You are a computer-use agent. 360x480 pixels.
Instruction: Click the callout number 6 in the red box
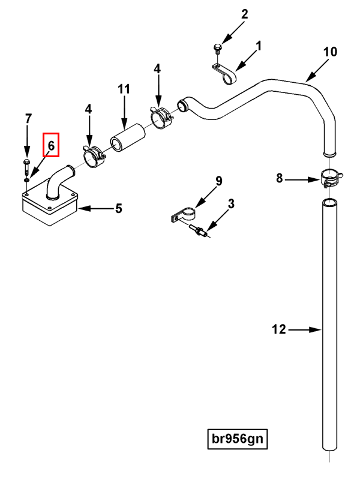pos(51,145)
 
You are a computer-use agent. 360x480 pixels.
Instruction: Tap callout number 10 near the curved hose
pos(331,52)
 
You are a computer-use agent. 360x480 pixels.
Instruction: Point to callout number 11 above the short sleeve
pos(124,89)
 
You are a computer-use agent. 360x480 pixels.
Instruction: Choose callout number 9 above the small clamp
pos(218,181)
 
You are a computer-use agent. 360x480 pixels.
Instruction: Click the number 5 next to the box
pos(118,208)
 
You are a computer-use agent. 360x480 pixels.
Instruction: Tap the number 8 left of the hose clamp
pos(279,178)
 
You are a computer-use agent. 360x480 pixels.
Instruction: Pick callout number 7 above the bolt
pos(28,118)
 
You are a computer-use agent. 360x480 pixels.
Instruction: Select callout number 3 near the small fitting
pos(231,205)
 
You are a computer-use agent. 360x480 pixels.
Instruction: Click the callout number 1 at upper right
pos(259,46)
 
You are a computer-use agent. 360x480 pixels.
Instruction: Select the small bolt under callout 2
pos(217,47)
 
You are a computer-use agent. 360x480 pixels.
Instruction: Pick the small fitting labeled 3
pos(199,231)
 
